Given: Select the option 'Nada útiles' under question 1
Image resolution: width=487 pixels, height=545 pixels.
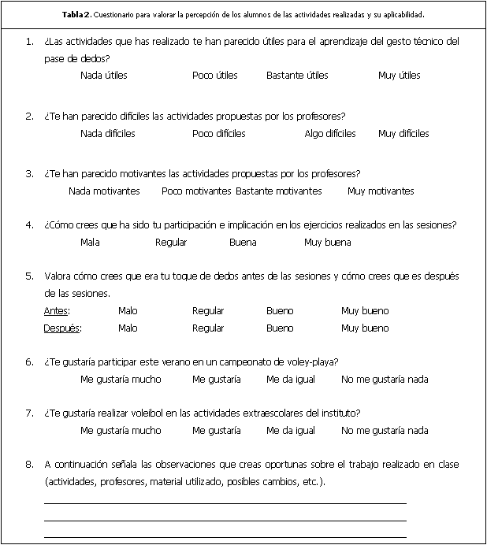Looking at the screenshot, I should coord(103,76).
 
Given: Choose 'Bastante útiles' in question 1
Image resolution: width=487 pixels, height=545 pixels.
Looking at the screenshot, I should coord(297,76).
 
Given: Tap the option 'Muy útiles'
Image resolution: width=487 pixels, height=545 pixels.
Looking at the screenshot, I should coord(399,76).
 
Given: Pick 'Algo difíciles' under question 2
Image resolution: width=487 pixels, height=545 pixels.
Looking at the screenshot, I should coord(330,134).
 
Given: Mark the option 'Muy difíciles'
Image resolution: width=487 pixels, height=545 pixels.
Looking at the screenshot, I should coord(403,134).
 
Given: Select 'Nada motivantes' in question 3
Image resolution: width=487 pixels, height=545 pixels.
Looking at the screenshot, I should coord(104,191).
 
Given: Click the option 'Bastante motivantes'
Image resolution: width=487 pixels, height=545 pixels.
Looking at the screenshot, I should coord(279,191).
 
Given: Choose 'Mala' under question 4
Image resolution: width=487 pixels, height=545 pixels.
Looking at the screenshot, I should coord(90,243).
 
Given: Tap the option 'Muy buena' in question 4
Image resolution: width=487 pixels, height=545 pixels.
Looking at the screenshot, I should coord(327,243).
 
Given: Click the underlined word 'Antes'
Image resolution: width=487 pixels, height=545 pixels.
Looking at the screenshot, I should coord(56,311).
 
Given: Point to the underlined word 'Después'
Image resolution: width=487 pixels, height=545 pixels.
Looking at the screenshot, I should coord(62,328).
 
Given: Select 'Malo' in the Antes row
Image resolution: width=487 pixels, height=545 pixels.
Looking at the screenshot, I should coord(127,311).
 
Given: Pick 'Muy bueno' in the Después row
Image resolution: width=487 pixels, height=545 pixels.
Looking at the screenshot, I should coord(364,328).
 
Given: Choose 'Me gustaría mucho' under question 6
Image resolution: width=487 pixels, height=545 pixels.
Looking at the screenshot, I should coord(121,380).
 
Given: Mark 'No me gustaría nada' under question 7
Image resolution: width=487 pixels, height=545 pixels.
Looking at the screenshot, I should coord(385,431).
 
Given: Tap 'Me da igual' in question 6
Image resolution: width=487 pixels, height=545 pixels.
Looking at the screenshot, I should coord(290,380).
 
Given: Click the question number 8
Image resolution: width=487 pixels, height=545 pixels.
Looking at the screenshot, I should coord(29,465).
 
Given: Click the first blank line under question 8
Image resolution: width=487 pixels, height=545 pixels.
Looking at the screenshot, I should coord(225,502).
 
